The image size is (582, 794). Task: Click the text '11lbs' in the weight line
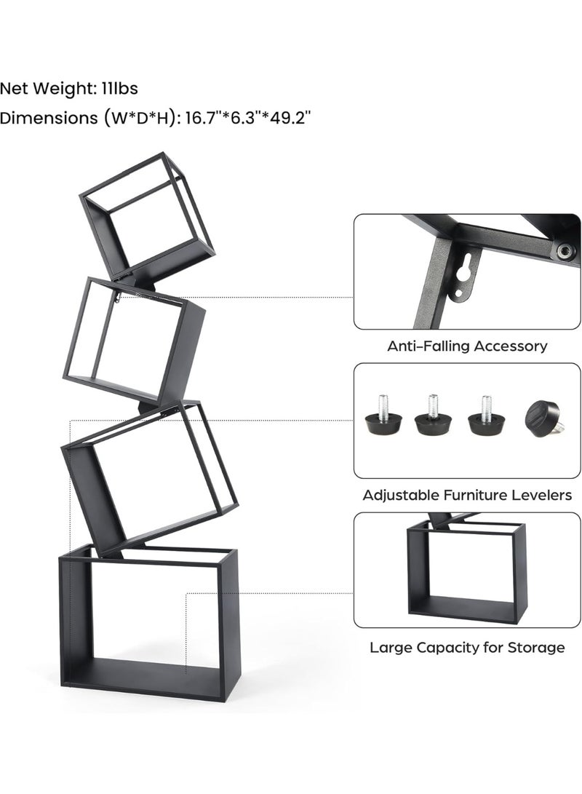click(119, 89)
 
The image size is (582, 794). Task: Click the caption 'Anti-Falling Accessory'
click(467, 346)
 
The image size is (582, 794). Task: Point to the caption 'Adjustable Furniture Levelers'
click(467, 495)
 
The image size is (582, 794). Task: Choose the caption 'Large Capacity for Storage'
click(467, 648)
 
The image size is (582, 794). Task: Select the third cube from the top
click(150, 477)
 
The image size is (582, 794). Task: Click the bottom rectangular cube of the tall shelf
click(148, 624)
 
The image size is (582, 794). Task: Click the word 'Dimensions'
click(49, 118)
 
